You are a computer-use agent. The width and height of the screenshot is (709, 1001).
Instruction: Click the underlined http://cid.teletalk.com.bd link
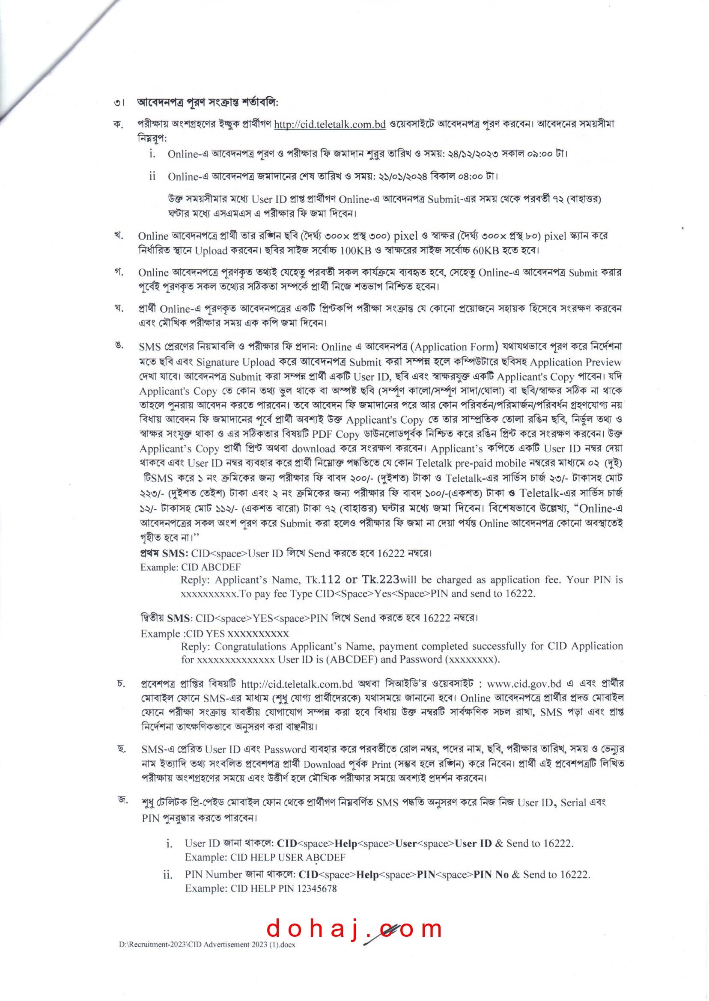click(330, 125)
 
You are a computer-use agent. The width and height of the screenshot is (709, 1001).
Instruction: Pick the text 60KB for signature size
click(486, 250)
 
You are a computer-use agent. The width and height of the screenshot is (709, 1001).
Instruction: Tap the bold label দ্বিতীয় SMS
click(165, 618)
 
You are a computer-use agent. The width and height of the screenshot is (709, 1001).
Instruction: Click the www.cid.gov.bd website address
click(524, 684)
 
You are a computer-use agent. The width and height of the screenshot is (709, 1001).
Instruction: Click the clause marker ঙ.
click(119, 346)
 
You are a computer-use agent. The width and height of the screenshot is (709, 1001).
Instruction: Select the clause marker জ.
click(123, 800)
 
